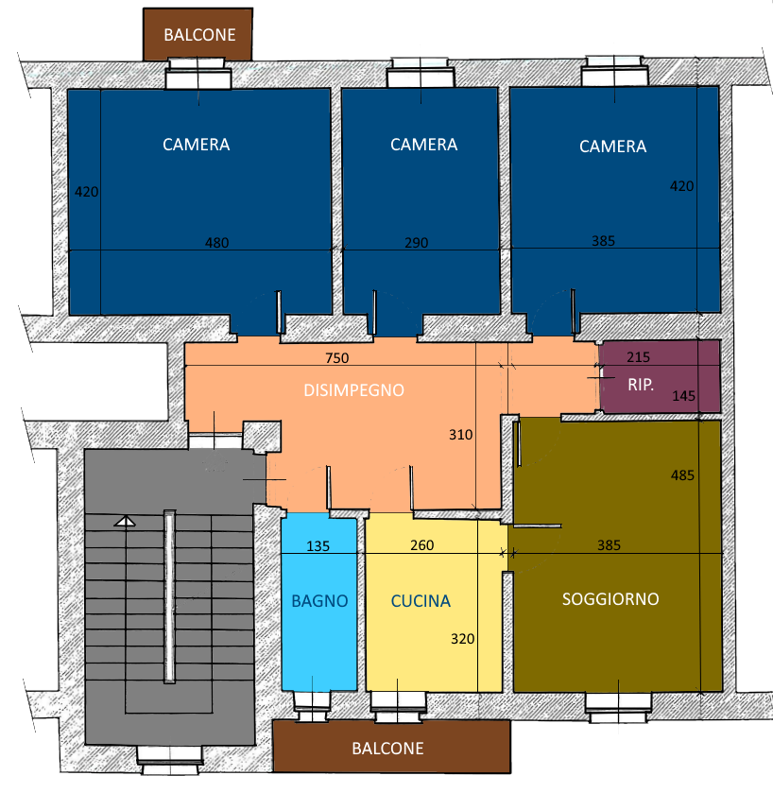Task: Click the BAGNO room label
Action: pos(319,601)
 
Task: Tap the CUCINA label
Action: pos(421,601)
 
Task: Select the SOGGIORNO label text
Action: pos(610,599)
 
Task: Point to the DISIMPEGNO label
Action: pos(353,390)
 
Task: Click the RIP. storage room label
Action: pos(641,385)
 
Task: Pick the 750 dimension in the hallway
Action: pos(337,358)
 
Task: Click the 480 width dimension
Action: pos(217,243)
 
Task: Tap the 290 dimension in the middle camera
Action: pos(417,243)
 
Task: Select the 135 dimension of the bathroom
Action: pos(318,546)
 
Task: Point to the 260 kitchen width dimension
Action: pos(422,545)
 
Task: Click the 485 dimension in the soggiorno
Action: pos(682,475)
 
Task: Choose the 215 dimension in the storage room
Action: pos(639,357)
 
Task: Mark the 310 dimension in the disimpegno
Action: pos(461,435)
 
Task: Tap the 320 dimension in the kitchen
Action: pos(463,639)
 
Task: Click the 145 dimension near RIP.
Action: pos(684,396)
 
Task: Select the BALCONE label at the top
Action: pos(199,35)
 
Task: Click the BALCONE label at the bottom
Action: pos(387,749)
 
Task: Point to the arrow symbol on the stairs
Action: pos(125,522)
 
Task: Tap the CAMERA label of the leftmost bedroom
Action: pos(197,145)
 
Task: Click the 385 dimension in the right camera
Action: pos(604,241)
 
